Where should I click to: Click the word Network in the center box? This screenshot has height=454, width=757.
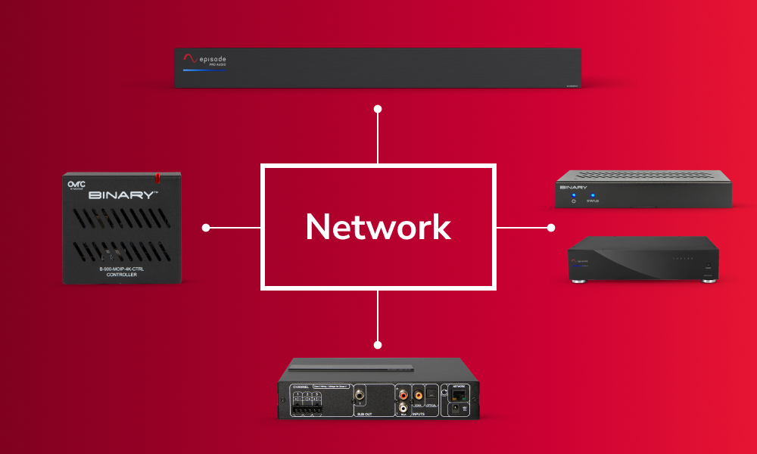[x=378, y=227]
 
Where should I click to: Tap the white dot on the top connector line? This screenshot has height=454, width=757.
[x=378, y=109]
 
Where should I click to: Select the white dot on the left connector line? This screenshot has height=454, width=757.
[x=206, y=227]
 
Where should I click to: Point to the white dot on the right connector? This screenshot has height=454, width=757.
[x=550, y=227]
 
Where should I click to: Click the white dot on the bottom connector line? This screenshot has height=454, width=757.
[x=378, y=345]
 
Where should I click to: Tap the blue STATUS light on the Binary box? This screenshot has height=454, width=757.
[x=593, y=195]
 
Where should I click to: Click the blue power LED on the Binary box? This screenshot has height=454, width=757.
[x=573, y=195]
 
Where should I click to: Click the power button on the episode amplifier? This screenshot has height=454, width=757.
[x=707, y=266]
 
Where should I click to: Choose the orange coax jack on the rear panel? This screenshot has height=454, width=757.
[x=418, y=393]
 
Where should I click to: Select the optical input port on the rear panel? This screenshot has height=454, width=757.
[x=431, y=393]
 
